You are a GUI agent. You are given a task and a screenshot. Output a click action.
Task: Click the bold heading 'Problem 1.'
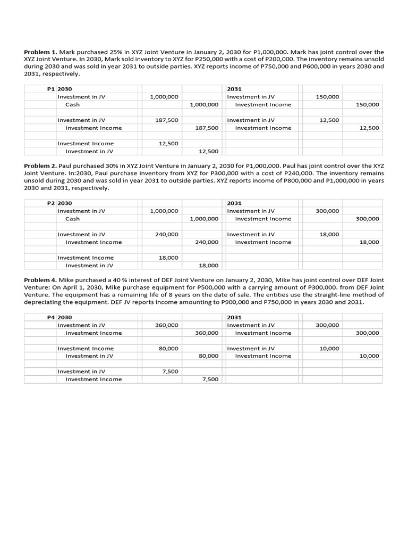point(40,52)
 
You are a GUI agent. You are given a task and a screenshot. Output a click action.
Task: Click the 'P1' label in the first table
point(51,89)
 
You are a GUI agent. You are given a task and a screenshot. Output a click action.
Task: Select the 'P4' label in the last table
point(51,317)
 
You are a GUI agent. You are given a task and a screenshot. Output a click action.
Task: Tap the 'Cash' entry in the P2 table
point(72,219)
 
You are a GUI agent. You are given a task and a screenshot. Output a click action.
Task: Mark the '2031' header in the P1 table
point(234,89)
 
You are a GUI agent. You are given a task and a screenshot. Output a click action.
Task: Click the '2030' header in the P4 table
point(64,317)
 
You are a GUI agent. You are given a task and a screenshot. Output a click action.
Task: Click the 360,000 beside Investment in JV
point(167,325)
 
